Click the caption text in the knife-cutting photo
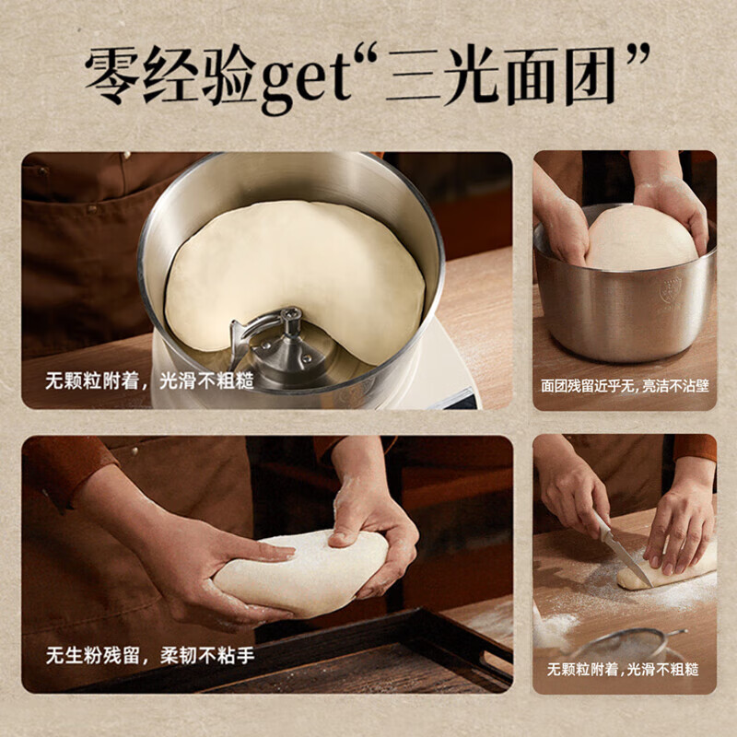tap(624, 669)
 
